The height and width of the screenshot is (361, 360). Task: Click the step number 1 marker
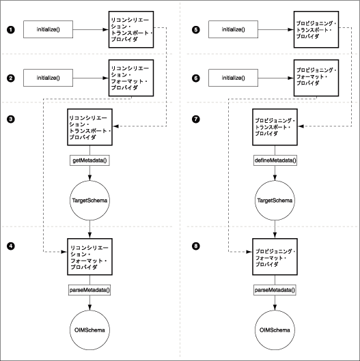click(x=11, y=30)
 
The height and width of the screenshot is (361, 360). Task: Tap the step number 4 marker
click(x=11, y=246)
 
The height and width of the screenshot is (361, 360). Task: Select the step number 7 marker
click(x=195, y=119)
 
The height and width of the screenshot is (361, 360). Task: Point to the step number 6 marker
click(x=195, y=78)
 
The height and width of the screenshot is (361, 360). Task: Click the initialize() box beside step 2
click(x=49, y=78)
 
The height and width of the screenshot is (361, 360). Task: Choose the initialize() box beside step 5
click(x=233, y=29)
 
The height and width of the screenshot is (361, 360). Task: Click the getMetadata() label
click(x=89, y=160)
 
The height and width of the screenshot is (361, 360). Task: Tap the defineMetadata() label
click(x=275, y=160)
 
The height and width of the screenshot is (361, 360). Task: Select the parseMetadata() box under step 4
click(x=89, y=290)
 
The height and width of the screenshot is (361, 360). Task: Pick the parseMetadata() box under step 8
click(x=275, y=290)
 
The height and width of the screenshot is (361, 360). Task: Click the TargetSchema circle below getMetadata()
click(x=89, y=201)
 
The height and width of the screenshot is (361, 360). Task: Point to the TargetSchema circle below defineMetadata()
click(x=275, y=201)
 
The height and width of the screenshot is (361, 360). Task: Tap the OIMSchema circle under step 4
click(x=89, y=330)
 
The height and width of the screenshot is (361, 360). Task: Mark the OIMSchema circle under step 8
click(x=275, y=330)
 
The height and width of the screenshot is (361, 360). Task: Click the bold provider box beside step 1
click(x=131, y=29)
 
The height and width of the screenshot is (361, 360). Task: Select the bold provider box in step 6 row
click(x=316, y=78)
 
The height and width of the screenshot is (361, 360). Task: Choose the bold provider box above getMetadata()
click(x=89, y=127)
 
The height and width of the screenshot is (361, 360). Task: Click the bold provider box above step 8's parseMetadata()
click(x=275, y=257)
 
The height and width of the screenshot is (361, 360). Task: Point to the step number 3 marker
click(x=11, y=119)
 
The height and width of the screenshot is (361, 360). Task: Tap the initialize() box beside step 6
click(x=233, y=78)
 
